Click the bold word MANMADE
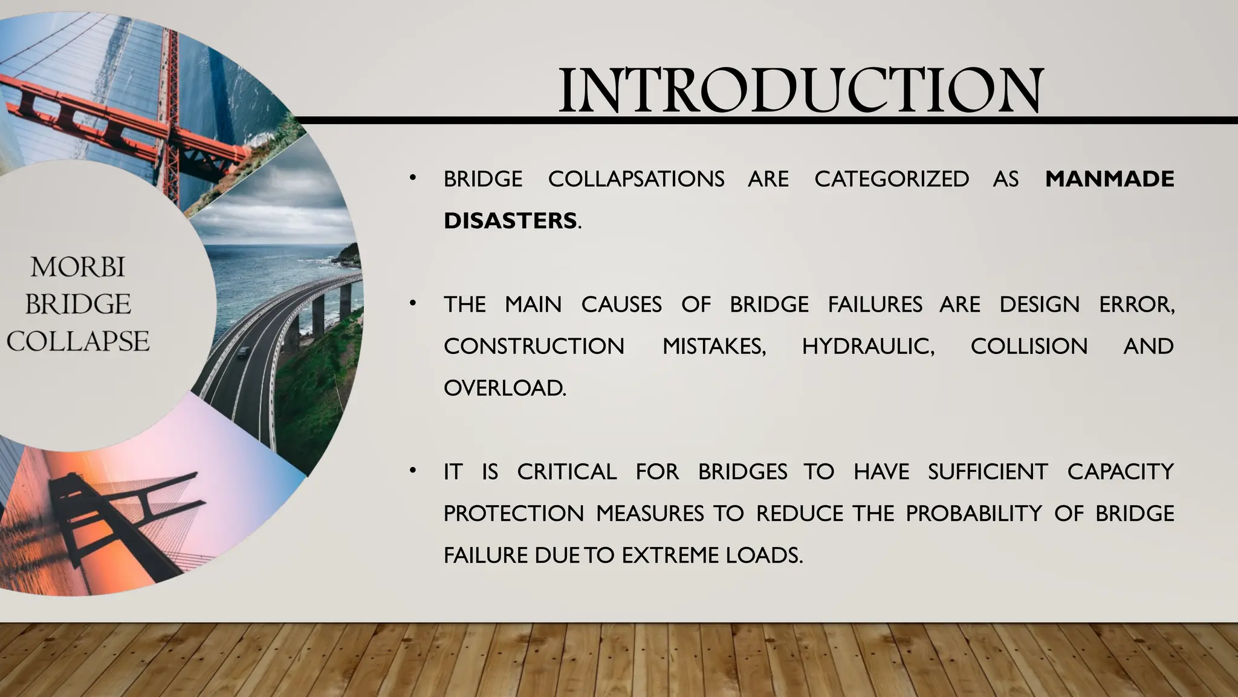[x=1109, y=179]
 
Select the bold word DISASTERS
[x=510, y=221]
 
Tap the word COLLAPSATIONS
[x=636, y=179]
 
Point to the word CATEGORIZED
[x=892, y=179]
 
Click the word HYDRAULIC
[x=867, y=346]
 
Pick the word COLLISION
[x=1029, y=346]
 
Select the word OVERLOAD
[x=504, y=388]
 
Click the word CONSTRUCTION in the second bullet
[x=534, y=346]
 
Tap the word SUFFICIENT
[x=988, y=471]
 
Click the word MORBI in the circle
[x=78, y=267]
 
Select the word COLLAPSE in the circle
[x=78, y=341]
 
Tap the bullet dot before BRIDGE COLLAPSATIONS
[x=412, y=178]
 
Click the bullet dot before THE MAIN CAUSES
[x=412, y=303]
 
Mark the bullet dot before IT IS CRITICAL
[x=412, y=471]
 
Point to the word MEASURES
[x=650, y=513]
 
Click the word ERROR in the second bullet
[x=1136, y=304]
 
